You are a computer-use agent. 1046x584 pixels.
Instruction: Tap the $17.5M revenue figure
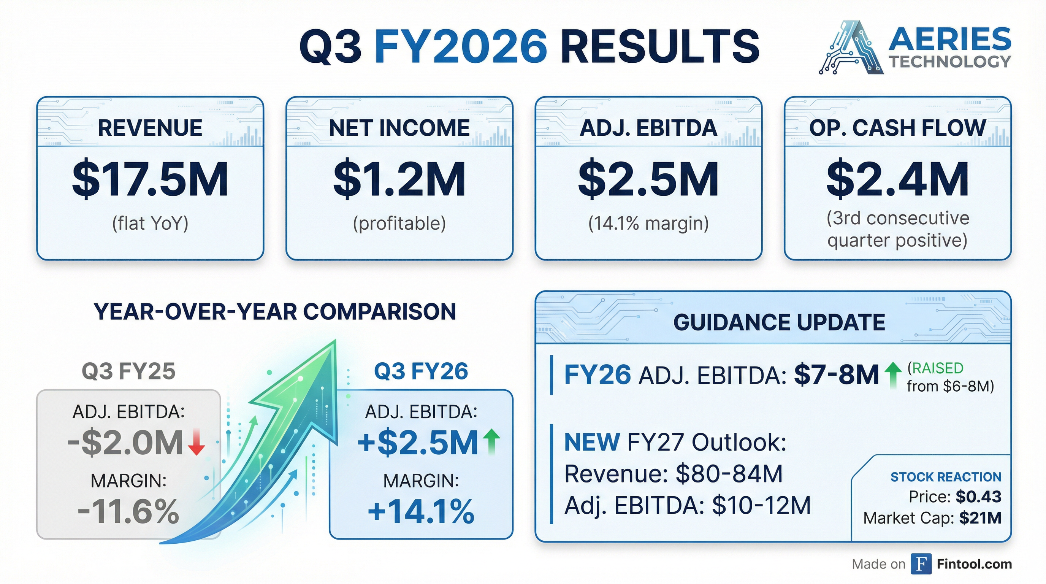(150, 179)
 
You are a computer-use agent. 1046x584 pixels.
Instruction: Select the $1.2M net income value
(399, 179)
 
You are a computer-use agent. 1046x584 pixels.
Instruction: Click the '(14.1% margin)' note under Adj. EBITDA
(648, 223)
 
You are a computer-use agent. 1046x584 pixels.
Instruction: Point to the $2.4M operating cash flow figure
(897, 179)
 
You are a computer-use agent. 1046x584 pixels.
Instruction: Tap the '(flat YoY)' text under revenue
(150, 223)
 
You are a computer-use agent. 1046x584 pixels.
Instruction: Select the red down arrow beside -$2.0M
(197, 442)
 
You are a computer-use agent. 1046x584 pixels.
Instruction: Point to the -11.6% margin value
(128, 511)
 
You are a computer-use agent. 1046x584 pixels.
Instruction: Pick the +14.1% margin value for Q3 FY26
(421, 511)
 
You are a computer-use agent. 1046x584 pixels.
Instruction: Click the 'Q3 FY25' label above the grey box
(128, 371)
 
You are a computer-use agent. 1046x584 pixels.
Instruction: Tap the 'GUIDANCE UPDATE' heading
(779, 322)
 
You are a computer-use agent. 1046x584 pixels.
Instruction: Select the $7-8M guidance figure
(837, 375)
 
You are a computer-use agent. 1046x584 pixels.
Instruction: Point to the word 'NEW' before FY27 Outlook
(592, 442)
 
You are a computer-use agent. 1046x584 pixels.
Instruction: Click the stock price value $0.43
(979, 497)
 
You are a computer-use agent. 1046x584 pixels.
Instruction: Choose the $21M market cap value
(980, 518)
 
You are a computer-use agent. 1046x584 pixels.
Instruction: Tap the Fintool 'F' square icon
(921, 564)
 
